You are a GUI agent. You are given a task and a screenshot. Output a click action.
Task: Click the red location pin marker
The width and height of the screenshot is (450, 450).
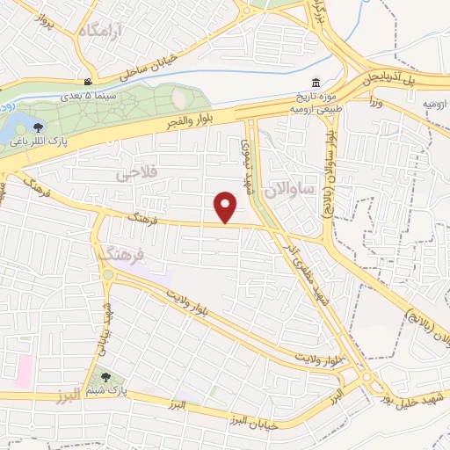pos(227,207)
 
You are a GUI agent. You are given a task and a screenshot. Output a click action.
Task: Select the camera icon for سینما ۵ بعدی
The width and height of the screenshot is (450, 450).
pos(87,80)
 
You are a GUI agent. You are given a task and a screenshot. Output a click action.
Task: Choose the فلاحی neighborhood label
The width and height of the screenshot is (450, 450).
pos(135,174)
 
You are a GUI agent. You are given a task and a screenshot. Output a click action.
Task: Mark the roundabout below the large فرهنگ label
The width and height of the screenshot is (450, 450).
pos(107,275)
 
